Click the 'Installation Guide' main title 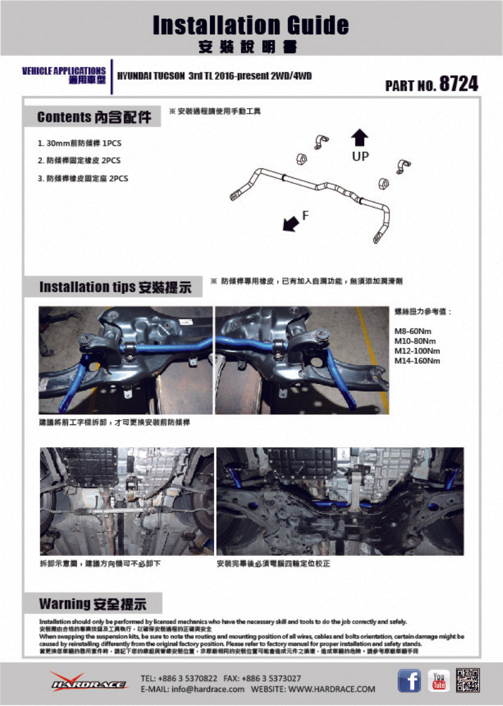pos(251,25)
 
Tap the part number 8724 pos(458,84)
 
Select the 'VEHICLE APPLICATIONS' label pos(64,71)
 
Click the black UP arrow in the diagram pos(360,138)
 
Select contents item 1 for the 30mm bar pos(80,143)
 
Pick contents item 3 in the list pos(83,179)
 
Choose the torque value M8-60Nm pos(413,331)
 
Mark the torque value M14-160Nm pos(417,361)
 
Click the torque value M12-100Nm pos(417,351)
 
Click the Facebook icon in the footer pos(409,680)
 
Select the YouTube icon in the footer pos(439,680)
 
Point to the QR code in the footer pos(467,680)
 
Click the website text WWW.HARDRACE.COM pos(331,689)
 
